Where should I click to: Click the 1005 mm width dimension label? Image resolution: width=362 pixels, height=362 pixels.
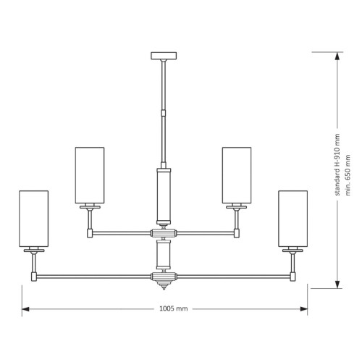[x=174, y=308]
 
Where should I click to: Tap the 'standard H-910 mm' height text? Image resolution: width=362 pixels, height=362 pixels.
[x=337, y=165]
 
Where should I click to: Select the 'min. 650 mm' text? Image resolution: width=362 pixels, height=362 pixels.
[x=348, y=175]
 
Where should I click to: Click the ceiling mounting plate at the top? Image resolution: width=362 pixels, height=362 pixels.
[x=164, y=56]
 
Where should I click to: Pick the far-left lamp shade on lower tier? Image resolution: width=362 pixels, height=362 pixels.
[x=34, y=219]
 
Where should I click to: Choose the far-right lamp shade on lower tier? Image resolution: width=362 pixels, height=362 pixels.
[x=292, y=219]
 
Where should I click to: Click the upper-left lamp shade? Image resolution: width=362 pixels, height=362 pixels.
[x=90, y=175]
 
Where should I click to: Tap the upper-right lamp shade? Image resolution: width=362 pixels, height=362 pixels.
[x=237, y=175]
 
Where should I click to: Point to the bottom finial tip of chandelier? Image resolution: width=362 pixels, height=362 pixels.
[x=164, y=289]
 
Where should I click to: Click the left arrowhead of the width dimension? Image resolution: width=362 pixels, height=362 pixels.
[x=25, y=309]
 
